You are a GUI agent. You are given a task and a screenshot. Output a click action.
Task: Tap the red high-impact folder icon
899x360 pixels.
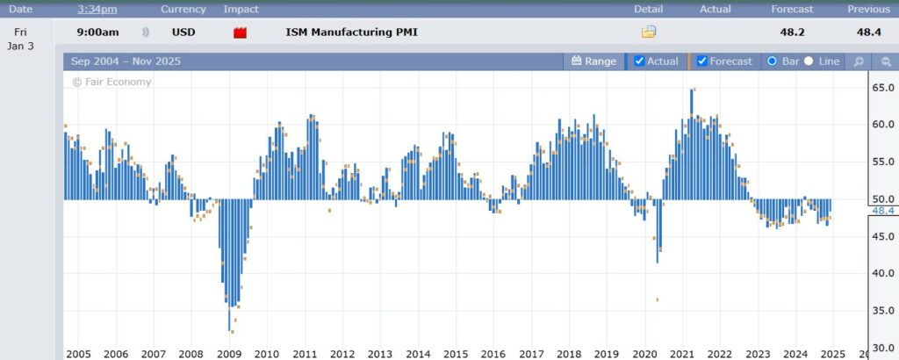(239, 32)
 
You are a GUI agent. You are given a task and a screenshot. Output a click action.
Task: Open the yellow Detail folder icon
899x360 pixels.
(649, 32)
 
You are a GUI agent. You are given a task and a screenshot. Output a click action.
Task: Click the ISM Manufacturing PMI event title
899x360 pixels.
(351, 32)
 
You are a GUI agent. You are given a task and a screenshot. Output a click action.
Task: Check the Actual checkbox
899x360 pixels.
(639, 61)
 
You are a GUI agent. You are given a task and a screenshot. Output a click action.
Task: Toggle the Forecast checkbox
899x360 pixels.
(702, 61)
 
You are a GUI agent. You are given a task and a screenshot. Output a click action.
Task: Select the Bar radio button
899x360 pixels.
(773, 61)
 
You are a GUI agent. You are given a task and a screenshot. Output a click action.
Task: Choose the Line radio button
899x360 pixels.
(809, 61)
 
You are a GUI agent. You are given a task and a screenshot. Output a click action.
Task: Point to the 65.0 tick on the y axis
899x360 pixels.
(881, 88)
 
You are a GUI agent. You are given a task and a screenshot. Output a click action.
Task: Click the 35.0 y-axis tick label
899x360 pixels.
(881, 311)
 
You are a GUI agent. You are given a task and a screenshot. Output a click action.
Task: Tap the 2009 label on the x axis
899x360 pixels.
(229, 354)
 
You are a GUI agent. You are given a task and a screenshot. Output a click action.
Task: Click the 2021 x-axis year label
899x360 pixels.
(682, 354)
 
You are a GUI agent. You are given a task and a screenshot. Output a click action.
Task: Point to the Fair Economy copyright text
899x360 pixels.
(111, 82)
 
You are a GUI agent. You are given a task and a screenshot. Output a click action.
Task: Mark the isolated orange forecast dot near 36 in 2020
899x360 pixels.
(657, 299)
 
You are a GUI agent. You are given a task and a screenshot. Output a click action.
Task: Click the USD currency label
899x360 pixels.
(183, 32)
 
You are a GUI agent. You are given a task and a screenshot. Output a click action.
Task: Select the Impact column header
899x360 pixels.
(241, 9)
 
